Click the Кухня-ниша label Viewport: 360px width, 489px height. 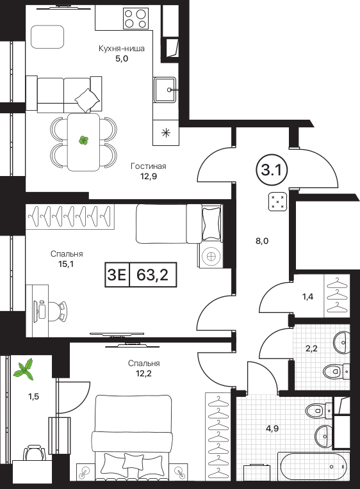[x=122, y=49]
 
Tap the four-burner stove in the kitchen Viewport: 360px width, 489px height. [x=136, y=19]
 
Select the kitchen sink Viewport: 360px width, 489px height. [x=165, y=90]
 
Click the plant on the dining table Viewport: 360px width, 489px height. [x=83, y=141]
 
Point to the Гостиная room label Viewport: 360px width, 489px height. [x=149, y=166]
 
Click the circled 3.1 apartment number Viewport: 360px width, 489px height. [x=272, y=171]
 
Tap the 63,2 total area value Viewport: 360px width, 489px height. [x=152, y=275]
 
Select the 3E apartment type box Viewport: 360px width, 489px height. [x=117, y=275]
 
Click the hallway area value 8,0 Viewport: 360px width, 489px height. [x=262, y=241]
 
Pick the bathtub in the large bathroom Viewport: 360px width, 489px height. [x=313, y=465]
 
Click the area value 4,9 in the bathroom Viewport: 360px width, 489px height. [x=272, y=428]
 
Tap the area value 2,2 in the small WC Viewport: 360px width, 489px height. [x=311, y=348]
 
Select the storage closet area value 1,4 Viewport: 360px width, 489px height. [x=307, y=296]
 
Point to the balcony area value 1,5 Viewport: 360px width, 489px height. [x=33, y=397]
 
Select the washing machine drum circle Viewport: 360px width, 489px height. [x=211, y=257]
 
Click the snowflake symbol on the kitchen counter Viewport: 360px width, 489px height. [x=166, y=133]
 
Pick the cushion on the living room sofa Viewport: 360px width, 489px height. [x=87, y=100]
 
